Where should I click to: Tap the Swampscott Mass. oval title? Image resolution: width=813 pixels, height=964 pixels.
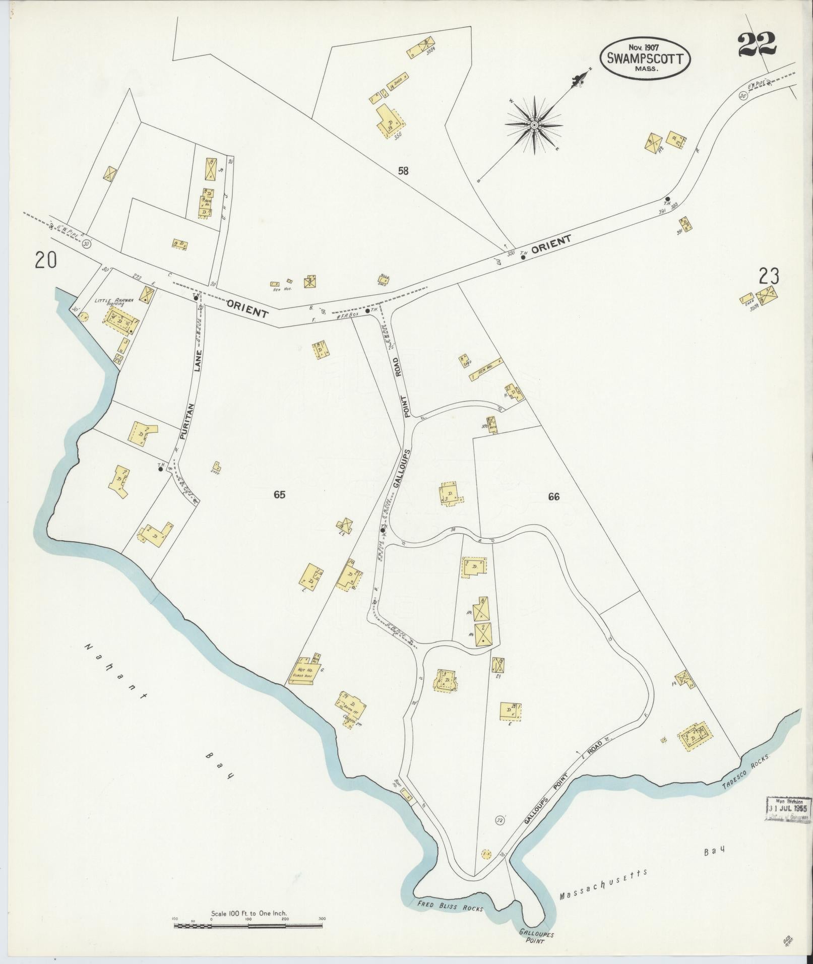tap(645, 58)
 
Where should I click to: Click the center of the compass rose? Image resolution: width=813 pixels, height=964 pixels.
tap(534, 124)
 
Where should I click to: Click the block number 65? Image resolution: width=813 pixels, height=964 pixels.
tap(279, 494)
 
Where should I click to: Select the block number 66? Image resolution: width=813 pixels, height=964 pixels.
tap(553, 497)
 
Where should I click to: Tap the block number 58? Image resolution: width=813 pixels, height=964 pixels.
tap(403, 171)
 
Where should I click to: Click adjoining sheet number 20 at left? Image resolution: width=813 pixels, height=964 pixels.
tap(46, 261)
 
